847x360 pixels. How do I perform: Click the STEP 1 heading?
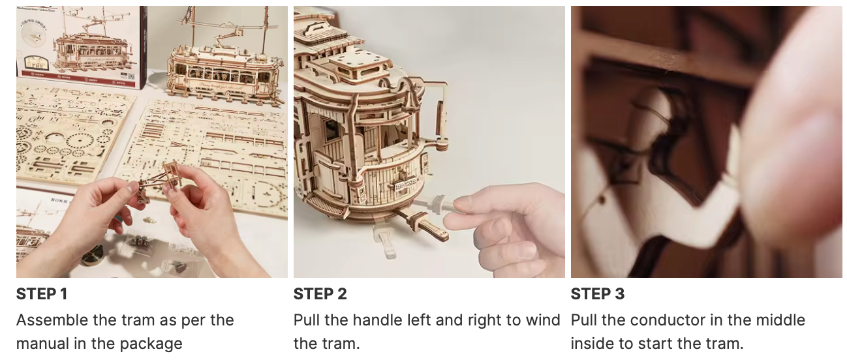click(x=42, y=294)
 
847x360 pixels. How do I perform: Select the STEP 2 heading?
click(x=320, y=294)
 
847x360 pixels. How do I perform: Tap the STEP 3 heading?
click(x=597, y=294)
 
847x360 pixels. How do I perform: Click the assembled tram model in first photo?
click(x=222, y=72)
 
